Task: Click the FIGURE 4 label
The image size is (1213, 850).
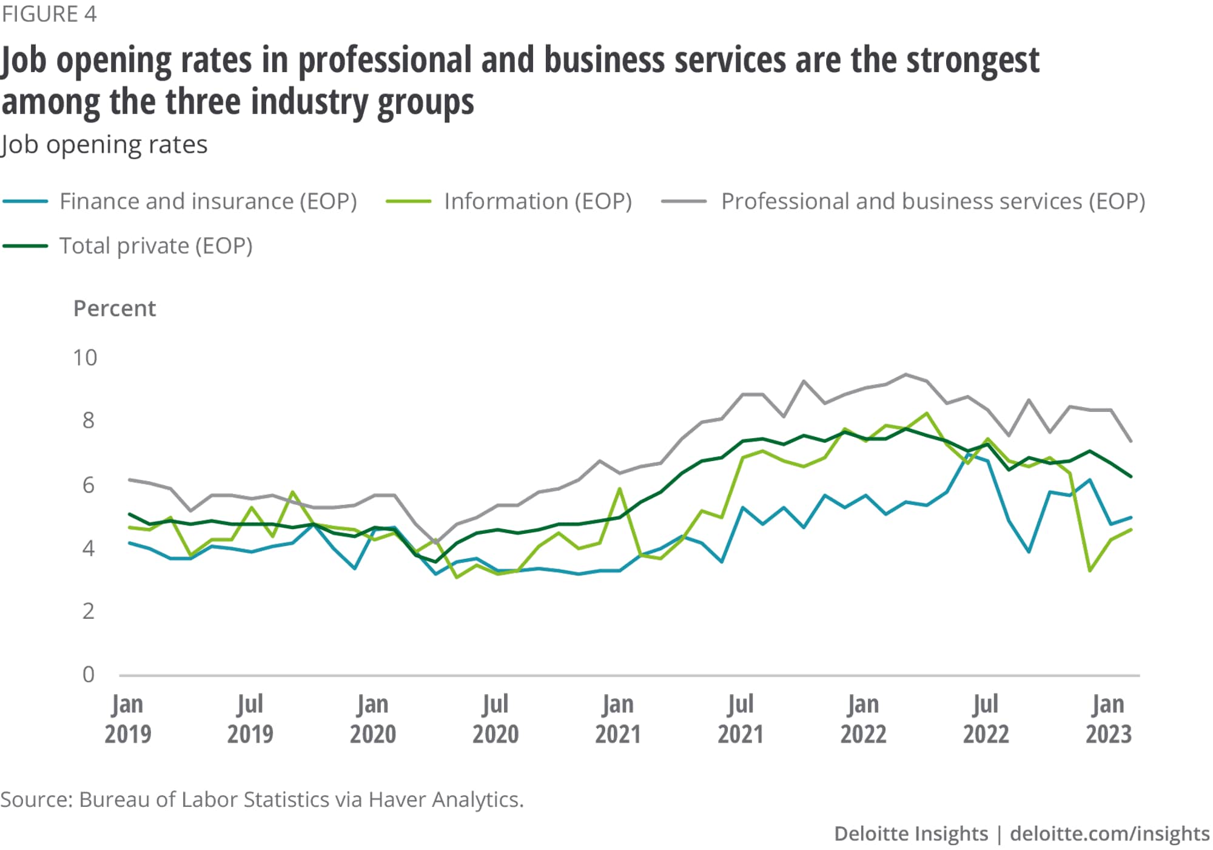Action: [x=49, y=14]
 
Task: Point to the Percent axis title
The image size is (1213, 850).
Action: [x=115, y=308]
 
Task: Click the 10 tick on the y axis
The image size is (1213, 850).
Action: [x=85, y=358]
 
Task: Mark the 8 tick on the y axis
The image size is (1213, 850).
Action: [x=89, y=420]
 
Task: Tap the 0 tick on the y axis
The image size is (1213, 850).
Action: [x=89, y=674]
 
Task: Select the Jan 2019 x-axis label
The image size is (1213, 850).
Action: [x=127, y=719]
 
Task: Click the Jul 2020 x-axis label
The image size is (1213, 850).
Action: [x=496, y=719]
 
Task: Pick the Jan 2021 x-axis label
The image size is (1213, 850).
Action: [x=618, y=719]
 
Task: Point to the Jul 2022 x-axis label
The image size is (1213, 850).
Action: [x=986, y=719]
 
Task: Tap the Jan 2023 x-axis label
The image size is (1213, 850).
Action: [x=1108, y=719]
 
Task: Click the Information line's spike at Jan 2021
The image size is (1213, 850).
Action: [x=619, y=488]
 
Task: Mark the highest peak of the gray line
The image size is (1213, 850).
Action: [x=906, y=374]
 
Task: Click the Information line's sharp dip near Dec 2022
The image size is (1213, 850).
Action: [x=1090, y=570]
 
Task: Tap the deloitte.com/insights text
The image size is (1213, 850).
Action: [x=1109, y=834]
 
